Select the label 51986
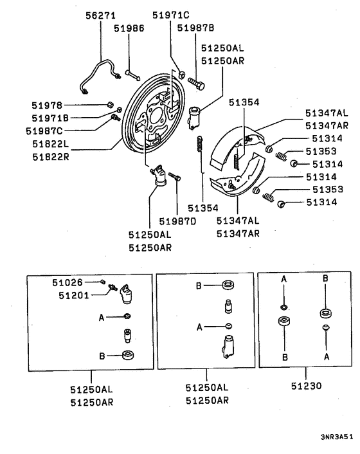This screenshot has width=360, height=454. pyautogui.click(x=130, y=29)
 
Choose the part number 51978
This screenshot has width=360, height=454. pyautogui.click(x=47, y=105)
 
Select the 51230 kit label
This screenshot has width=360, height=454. pyautogui.click(x=305, y=387)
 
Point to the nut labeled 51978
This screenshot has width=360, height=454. pyautogui.click(x=111, y=105)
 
